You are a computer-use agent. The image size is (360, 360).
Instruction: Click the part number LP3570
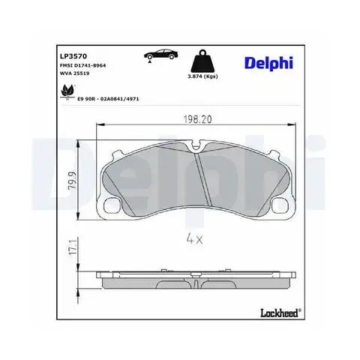click(x=73, y=56)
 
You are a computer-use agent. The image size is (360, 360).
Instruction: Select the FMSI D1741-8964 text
click(x=82, y=65)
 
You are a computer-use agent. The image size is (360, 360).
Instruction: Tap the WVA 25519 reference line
click(x=74, y=73)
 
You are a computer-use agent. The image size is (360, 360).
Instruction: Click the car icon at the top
click(x=160, y=55)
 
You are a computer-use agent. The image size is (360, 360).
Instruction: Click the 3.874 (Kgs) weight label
click(x=202, y=76)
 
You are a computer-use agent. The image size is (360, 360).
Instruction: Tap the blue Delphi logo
click(x=268, y=63)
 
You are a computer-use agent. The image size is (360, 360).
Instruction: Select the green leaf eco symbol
click(x=67, y=91)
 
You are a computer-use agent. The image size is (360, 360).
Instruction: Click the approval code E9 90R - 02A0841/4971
click(x=108, y=99)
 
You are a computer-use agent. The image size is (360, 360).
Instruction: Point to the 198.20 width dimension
click(x=197, y=119)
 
